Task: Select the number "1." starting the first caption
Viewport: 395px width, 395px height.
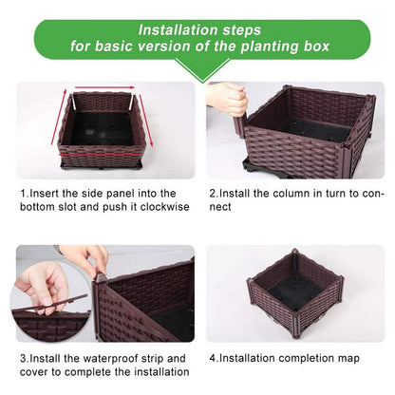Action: coord(24,193)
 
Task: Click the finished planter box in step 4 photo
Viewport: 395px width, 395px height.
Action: coord(293,294)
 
